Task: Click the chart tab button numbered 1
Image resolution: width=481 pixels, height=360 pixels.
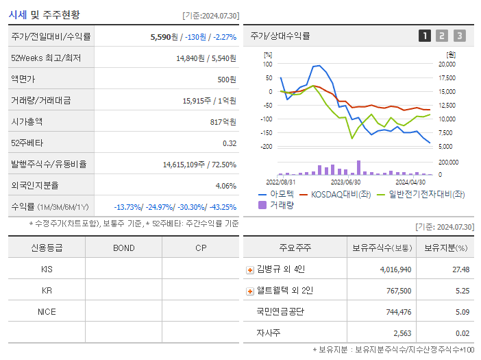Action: [425, 36]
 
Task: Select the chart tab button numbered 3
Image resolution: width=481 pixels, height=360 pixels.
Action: [459, 36]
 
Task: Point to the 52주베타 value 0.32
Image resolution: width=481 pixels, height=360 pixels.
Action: [229, 143]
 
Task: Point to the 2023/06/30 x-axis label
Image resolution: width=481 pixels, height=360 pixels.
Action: [346, 182]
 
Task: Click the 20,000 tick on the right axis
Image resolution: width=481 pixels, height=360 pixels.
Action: [446, 64]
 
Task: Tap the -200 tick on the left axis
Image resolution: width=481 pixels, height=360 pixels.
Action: [267, 147]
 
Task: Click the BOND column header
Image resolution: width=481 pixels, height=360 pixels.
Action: [123, 248]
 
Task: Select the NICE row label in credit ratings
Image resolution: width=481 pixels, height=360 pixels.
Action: [47, 311]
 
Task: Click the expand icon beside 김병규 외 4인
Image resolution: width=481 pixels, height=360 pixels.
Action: [250, 269]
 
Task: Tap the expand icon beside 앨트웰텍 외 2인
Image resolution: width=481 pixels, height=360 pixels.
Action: [250, 291]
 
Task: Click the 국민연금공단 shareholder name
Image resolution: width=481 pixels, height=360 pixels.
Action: [280, 311]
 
